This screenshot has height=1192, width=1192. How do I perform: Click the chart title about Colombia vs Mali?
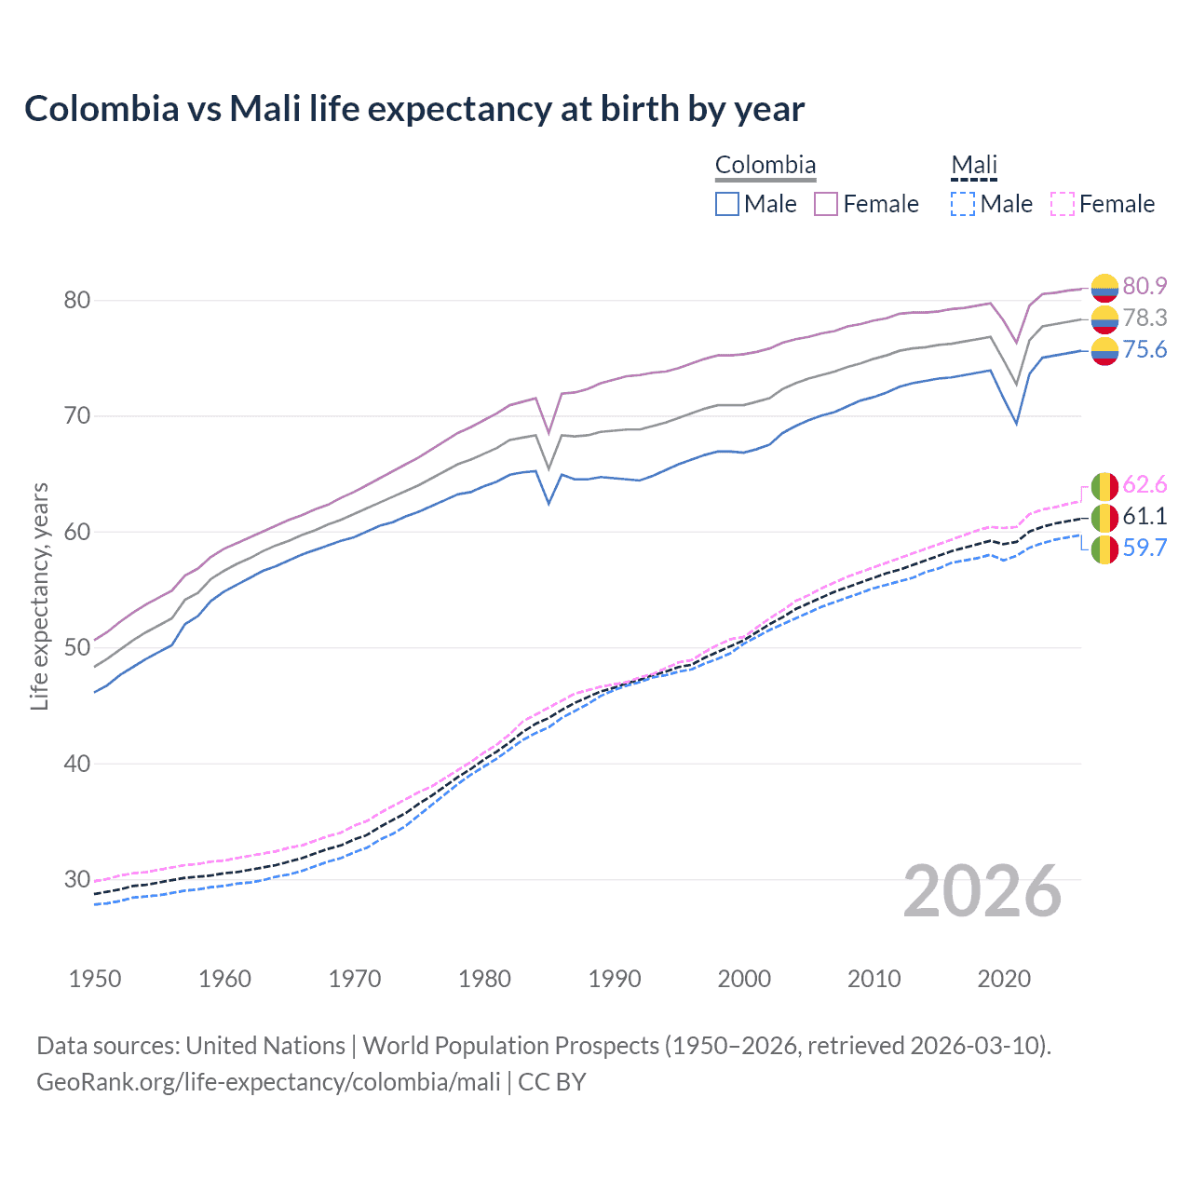[x=414, y=109]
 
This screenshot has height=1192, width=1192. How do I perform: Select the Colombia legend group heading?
[x=765, y=165]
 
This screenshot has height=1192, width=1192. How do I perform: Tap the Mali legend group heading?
[x=973, y=165]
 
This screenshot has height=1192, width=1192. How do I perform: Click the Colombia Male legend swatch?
[x=727, y=204]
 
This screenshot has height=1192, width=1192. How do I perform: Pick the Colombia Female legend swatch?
[x=826, y=204]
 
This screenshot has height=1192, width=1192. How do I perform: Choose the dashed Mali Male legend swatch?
[x=963, y=204]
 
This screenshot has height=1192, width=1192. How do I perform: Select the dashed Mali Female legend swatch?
[x=1063, y=204]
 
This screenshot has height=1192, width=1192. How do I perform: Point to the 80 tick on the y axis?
[x=77, y=300]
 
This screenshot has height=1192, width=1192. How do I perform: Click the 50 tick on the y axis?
[x=77, y=647]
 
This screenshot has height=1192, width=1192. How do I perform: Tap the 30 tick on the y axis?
[x=77, y=879]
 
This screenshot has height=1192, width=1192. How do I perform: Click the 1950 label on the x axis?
[x=95, y=979]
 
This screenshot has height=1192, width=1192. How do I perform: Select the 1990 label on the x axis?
[x=615, y=979]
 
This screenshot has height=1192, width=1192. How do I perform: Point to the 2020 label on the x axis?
[x=1004, y=979]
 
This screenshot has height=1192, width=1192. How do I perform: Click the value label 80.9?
[x=1145, y=286]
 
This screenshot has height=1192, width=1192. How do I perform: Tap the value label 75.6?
[x=1145, y=349]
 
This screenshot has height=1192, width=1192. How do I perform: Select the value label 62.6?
[x=1145, y=484]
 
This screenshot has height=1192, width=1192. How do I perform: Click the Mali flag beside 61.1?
[x=1104, y=517]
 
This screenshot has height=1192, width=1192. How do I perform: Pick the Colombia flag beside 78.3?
[x=1104, y=318]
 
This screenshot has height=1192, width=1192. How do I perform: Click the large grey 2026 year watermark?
[x=982, y=891]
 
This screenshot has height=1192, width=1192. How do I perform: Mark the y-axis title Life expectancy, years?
[x=39, y=596]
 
